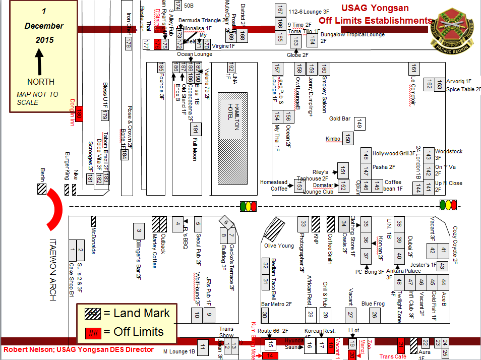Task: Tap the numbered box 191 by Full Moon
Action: point(196,129)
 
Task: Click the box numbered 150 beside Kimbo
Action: point(347,139)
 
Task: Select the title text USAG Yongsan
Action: point(375,8)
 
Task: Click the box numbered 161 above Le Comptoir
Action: point(413,69)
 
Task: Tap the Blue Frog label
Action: point(373,304)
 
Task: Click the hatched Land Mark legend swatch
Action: point(92,314)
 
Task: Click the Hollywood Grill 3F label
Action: point(394,153)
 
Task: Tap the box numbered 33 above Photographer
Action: point(303,223)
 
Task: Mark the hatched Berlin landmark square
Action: point(41,190)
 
